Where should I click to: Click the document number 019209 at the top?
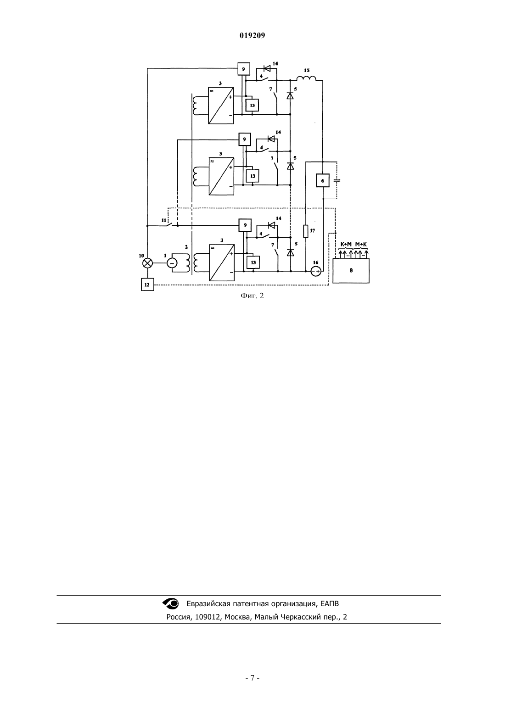coord(252,36)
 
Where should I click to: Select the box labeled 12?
coord(147,284)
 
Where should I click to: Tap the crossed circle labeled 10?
coord(147,263)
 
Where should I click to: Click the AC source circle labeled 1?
coord(172,263)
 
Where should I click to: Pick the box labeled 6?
coord(323,181)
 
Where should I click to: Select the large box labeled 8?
coord(351,271)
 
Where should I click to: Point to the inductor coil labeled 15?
coord(306,78)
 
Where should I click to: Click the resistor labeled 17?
coord(306,231)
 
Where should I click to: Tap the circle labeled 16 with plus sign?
coord(316,271)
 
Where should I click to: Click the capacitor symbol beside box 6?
coord(337,181)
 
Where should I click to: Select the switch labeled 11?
coord(168,224)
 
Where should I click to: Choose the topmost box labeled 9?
coord(244,69)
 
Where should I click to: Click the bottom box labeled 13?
coord(253,262)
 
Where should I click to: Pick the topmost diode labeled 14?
coord(267,68)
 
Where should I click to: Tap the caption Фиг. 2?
coord(252,296)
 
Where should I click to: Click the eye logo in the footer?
coord(171,603)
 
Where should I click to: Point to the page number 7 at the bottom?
coord(252,678)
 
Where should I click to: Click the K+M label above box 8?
coord(346,245)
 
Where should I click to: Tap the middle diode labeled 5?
coord(291,166)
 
